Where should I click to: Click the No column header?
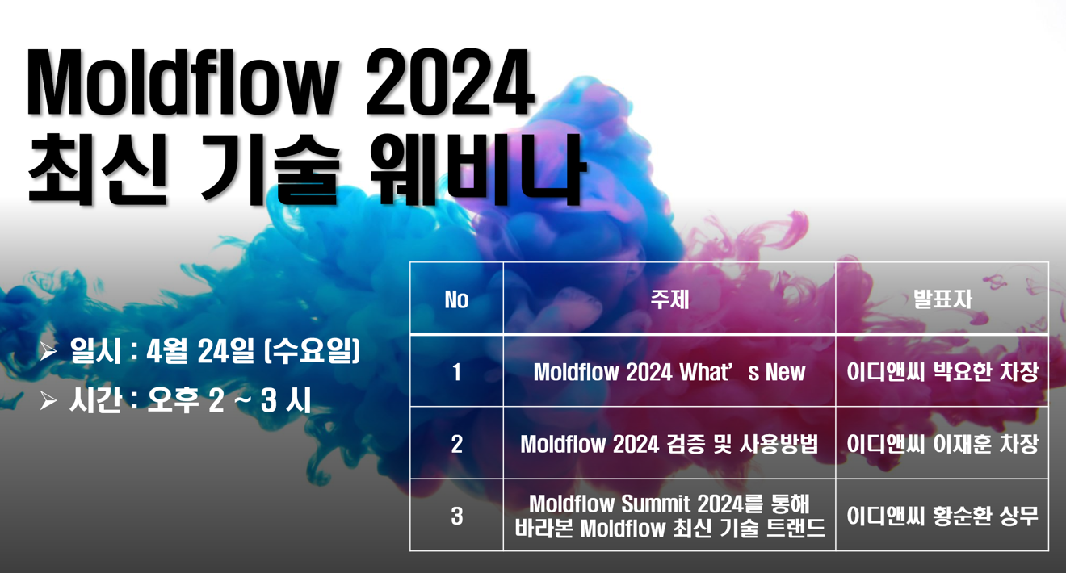point(456,299)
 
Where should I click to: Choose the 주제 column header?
point(669,299)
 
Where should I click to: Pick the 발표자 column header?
point(942,299)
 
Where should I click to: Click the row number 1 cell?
point(456,372)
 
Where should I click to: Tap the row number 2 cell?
point(456,444)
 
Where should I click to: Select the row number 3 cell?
point(456,516)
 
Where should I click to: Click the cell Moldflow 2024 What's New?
point(669,372)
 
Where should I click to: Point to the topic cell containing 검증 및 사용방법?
point(669,444)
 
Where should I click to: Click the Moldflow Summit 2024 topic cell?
point(669,516)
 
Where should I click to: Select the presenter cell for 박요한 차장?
point(942,372)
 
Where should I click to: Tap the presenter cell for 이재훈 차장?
point(942,444)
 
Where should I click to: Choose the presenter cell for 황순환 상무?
point(942,516)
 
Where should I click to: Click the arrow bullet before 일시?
point(48,351)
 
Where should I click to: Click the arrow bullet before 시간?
point(48,400)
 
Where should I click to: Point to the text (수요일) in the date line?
point(312,351)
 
